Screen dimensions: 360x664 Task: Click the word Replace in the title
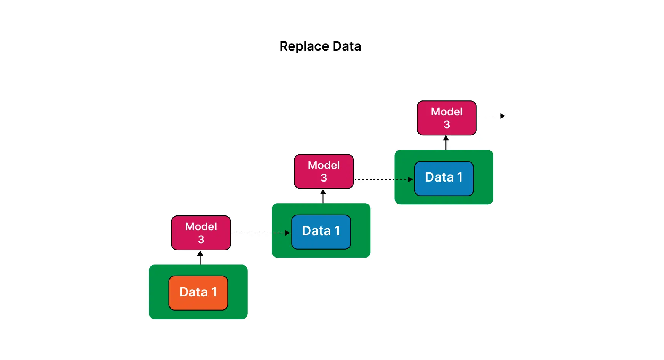coord(304,46)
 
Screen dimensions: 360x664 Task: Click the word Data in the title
coord(346,46)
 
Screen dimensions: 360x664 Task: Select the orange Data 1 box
coord(198,293)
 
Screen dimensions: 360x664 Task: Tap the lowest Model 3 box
coord(201,233)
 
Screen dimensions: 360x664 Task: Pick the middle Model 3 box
coord(324,171)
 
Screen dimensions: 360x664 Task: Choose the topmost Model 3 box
coord(447,118)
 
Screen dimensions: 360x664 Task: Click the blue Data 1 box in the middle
coord(321,232)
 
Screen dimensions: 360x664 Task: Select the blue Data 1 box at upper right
coord(444,178)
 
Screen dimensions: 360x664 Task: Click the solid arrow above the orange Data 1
coord(200,258)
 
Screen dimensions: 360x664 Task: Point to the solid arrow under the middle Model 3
coord(323,197)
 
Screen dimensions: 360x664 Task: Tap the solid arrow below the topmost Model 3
coord(446,143)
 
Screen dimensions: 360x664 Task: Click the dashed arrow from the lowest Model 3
coord(259,233)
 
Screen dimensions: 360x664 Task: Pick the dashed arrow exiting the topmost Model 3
coord(489,116)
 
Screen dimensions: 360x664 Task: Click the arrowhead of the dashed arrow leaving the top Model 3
coord(503,116)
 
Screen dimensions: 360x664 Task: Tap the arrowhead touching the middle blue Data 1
coord(287,233)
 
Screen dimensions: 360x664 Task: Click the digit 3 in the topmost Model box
coord(447,124)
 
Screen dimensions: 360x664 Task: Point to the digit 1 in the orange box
coord(214,292)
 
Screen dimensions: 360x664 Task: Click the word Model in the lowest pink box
coord(201,226)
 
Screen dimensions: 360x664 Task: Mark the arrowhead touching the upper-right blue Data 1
coord(410,179)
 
